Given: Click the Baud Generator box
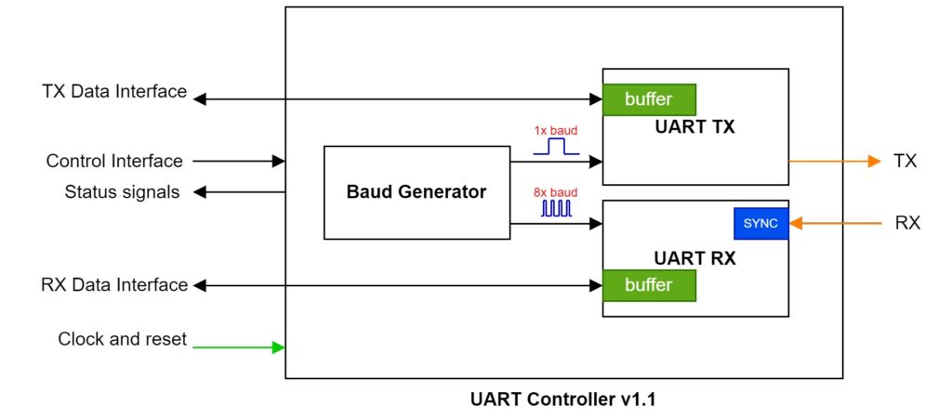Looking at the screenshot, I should click(416, 192).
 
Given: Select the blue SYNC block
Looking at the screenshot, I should click(760, 223).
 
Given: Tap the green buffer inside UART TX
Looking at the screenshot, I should click(649, 99).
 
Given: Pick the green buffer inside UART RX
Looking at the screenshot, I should click(649, 285).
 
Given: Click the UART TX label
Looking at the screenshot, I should click(694, 127).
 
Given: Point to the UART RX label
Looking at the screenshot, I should click(694, 258).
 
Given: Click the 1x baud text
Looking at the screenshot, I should click(556, 130).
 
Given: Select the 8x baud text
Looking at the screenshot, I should click(556, 192).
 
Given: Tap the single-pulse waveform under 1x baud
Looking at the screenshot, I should click(556, 147).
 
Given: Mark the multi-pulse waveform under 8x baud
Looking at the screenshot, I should click(556, 209).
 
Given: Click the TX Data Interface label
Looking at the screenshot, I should click(114, 92).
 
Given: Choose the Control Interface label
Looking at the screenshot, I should click(114, 161).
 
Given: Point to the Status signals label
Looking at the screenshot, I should click(122, 192).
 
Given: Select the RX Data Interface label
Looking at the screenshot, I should click(114, 284).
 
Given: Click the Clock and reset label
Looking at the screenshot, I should click(122, 339).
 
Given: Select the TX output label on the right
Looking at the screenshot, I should click(905, 161).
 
